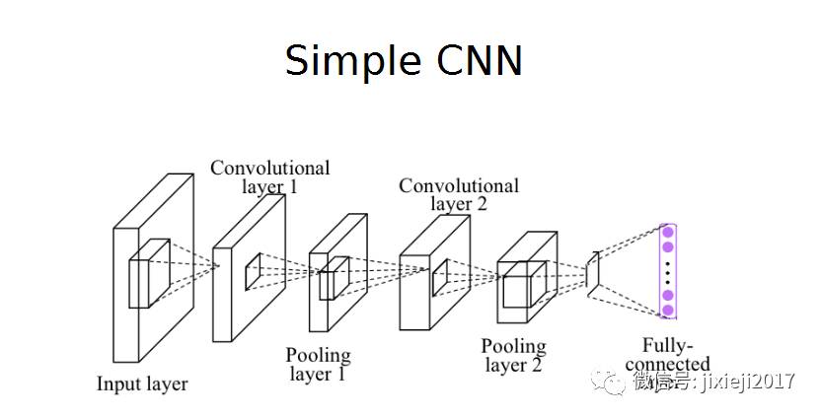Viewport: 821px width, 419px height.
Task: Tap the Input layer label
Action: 142,384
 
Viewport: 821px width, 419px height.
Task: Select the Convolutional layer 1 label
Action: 269,176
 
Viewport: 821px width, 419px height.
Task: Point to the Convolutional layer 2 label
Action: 459,194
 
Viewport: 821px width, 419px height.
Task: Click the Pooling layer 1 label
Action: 318,364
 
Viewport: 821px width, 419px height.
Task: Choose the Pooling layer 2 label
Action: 513,356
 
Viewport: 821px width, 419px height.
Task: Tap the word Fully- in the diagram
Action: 668,346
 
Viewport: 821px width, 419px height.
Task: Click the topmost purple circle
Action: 668,233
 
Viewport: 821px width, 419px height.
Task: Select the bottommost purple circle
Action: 668,310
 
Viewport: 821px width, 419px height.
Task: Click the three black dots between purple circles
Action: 668,271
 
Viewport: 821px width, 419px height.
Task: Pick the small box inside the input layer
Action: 149,274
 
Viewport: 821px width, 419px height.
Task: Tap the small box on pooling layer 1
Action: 334,277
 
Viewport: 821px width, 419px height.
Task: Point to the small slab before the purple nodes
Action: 592,270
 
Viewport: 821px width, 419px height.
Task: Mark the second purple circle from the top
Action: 668,246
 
